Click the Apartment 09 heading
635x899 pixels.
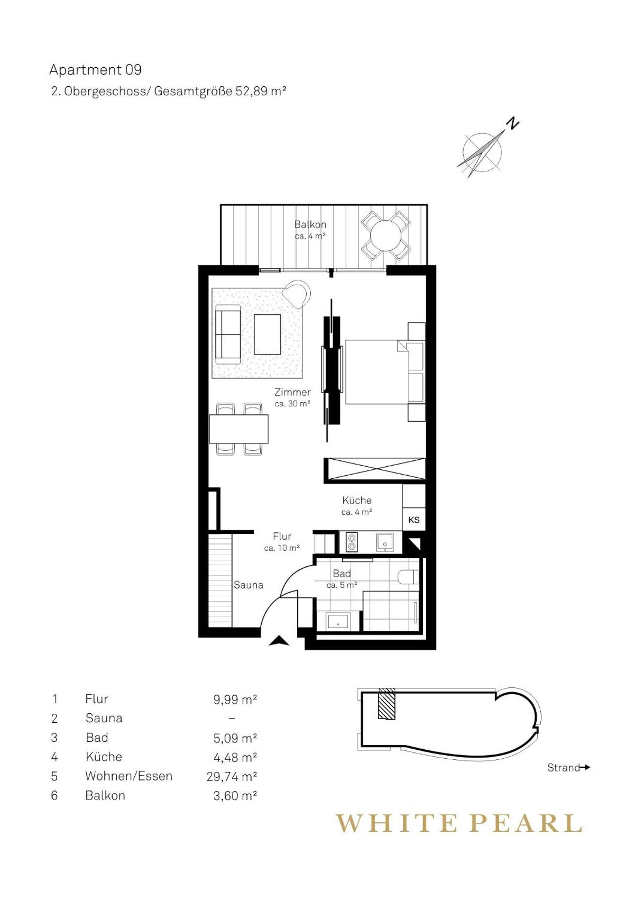[x=95, y=70]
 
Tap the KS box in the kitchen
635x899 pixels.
[x=414, y=519]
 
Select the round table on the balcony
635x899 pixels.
[x=386, y=235]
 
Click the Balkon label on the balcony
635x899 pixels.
[x=310, y=225]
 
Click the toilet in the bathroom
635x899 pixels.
[x=408, y=577]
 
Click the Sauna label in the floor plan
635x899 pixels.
[x=248, y=585]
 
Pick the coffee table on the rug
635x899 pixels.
[x=267, y=334]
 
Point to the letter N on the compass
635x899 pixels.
[x=512, y=124]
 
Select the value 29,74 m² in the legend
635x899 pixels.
[x=232, y=776]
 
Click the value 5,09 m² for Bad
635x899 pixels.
[x=235, y=738]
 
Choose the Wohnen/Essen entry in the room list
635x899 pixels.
[x=129, y=776]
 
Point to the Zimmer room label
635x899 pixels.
[x=292, y=392]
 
